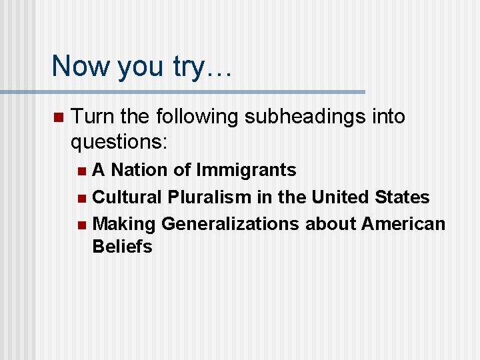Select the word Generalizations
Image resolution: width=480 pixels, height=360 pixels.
pos(230,224)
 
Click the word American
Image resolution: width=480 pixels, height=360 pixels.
pos(403,224)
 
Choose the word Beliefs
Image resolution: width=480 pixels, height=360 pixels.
pos(123,247)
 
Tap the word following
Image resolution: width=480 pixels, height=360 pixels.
pos(199,117)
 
